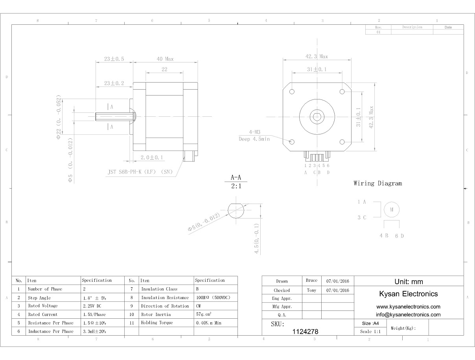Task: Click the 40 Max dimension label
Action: point(165,59)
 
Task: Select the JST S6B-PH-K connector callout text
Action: point(140,172)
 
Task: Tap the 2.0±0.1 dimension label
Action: point(151,158)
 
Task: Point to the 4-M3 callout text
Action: point(254,132)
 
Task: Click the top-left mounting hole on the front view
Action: point(292,92)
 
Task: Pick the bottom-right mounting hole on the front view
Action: point(342,142)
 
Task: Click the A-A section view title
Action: point(236,178)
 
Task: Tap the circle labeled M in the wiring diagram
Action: point(392,209)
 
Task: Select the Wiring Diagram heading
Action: point(378,184)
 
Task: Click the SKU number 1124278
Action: point(306,331)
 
